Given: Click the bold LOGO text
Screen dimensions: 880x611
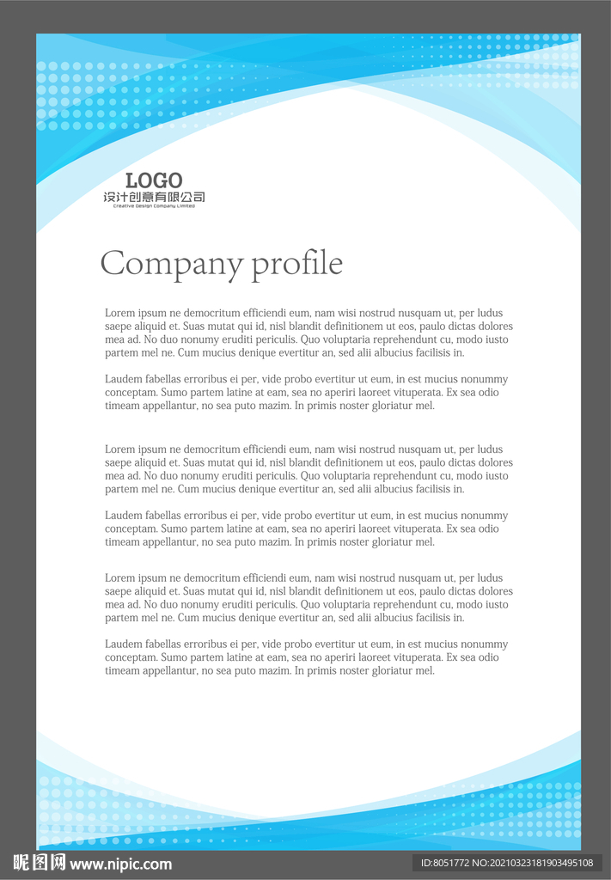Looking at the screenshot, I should pos(154,180).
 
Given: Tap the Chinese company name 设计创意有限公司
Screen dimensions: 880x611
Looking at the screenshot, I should pos(154,197).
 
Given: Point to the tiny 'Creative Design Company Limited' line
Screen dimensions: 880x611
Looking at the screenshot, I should pos(154,206).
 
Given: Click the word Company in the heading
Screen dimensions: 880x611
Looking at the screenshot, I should pos(172,263).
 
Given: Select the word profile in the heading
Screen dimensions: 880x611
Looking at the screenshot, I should pos(297,263).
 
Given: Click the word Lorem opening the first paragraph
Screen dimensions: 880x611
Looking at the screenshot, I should pos(119,313).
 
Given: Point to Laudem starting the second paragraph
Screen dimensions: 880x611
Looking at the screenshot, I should pos(123,379).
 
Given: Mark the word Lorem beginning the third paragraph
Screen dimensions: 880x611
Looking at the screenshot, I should pos(119,449).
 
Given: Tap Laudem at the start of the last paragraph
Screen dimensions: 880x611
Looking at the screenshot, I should pos(123,644).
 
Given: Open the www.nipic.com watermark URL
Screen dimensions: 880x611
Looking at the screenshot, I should pos(121,865).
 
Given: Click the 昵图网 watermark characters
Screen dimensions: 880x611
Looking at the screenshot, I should pos(40,863).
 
